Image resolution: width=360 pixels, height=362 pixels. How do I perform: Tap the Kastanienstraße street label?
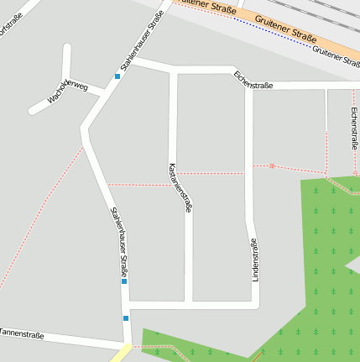click(180, 186)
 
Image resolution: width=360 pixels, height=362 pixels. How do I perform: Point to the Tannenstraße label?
click(22, 333)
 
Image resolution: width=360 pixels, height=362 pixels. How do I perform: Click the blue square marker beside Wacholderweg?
click(117, 76)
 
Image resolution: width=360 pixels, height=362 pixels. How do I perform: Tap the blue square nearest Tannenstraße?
click(126, 317)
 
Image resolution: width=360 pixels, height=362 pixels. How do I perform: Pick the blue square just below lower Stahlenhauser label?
click(124, 281)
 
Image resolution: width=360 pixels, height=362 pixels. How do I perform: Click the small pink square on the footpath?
click(272, 165)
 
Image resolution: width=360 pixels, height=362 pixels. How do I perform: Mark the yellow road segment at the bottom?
click(120, 355)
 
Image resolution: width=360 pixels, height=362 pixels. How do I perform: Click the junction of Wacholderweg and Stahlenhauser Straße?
click(102, 94)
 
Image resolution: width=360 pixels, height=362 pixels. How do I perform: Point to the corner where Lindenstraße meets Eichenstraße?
click(248, 85)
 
